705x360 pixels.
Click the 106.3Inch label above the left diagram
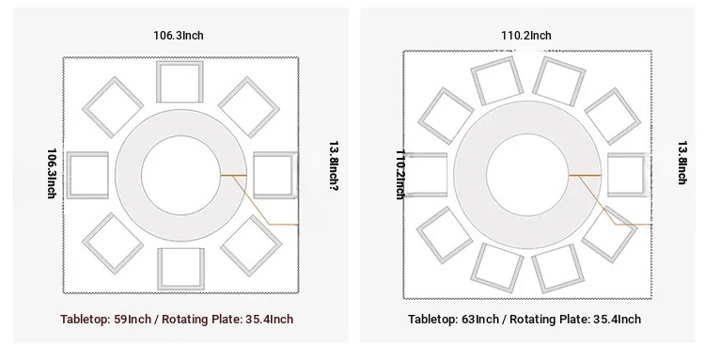(x=179, y=35)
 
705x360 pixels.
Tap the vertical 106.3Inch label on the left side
(x=52, y=174)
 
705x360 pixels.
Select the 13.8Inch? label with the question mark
(x=334, y=165)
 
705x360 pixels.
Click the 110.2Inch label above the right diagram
(x=526, y=35)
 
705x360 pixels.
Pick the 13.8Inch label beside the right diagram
(x=682, y=163)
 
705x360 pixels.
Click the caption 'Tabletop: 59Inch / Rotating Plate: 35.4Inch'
(x=177, y=319)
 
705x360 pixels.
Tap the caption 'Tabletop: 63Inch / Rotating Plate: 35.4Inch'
(x=525, y=319)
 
